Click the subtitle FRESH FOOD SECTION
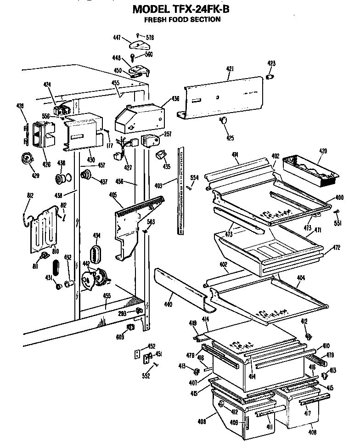(182, 19)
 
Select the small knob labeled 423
(270, 76)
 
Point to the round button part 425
(224, 120)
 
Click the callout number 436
(175, 98)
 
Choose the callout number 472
(337, 248)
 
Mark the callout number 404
(301, 278)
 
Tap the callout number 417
(308, 413)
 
